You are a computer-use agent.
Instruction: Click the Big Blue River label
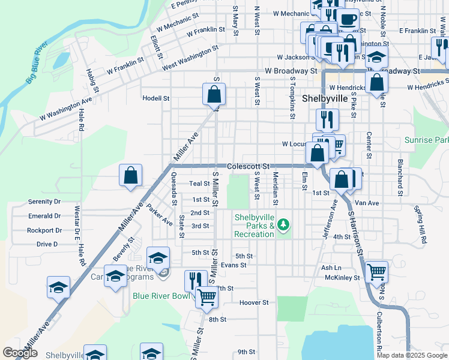point(37,61)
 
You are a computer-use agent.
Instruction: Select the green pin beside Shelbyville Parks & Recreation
point(284,226)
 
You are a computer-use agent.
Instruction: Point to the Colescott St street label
point(249,166)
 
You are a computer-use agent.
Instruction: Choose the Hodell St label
point(156,98)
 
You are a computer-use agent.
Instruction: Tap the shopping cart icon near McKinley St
point(376,272)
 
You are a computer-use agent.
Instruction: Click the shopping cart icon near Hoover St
point(207,296)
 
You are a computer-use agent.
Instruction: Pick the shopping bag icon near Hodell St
point(214,94)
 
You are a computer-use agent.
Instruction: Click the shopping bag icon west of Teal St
point(130,176)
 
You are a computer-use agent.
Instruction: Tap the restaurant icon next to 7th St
point(195,280)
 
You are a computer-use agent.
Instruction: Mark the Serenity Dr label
point(44,202)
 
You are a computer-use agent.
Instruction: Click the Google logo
point(20,353)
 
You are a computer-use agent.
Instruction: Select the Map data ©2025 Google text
point(411,355)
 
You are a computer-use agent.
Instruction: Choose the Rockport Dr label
point(44,230)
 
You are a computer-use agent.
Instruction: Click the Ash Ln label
point(331,268)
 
